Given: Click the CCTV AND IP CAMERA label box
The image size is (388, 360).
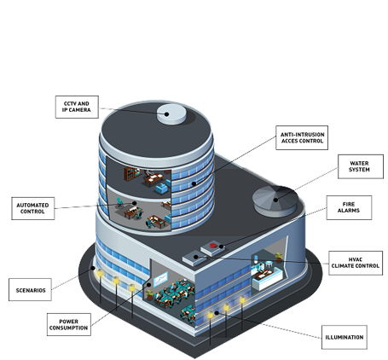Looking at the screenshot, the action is click(77, 107).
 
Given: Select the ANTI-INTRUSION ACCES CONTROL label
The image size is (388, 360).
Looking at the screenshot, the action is click(302, 137).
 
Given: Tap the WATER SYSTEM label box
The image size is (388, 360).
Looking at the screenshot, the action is click(361, 166).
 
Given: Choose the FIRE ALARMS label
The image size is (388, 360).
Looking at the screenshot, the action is click(349, 207).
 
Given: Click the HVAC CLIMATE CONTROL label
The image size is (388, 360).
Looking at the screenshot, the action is click(356, 263).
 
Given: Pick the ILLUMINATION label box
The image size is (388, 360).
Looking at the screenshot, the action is click(345, 337).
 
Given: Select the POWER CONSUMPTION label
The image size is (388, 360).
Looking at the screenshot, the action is click(69, 325).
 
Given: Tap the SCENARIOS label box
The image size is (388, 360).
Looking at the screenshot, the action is click(30, 290).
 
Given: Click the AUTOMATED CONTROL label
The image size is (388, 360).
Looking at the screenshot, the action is click(33, 208).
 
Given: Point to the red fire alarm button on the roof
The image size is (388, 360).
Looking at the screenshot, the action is click(213, 246).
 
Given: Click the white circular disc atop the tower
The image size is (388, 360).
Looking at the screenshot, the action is click(171, 114).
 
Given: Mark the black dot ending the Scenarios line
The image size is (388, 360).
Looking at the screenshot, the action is click(93, 268).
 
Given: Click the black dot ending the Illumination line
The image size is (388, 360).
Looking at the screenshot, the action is click(217, 313).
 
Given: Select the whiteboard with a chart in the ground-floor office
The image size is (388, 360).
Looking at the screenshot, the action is click(160, 279).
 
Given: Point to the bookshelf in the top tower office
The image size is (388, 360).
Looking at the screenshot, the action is click(130, 174).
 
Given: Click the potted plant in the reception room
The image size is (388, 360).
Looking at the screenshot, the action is click(279, 257).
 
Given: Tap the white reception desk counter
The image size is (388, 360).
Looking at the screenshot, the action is click(267, 280).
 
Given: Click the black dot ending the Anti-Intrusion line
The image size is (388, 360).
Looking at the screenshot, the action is click(194, 183).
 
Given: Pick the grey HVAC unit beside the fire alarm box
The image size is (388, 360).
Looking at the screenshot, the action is click(194, 258).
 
